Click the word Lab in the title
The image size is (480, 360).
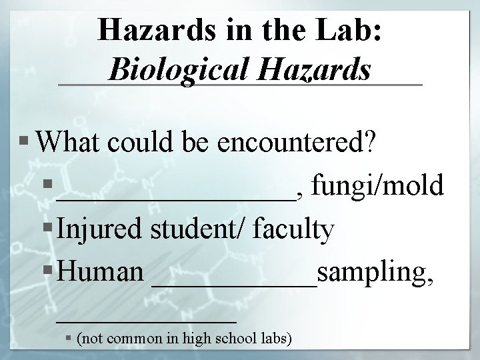(349, 31)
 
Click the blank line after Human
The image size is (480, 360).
(235, 285)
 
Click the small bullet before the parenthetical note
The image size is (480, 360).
(69, 339)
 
